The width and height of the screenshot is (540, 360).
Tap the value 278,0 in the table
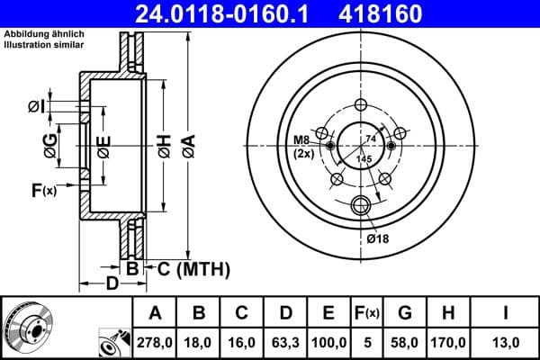click(155, 343)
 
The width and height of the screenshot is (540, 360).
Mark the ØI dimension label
click(35, 107)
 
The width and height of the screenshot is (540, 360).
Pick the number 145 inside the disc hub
click(364, 159)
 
